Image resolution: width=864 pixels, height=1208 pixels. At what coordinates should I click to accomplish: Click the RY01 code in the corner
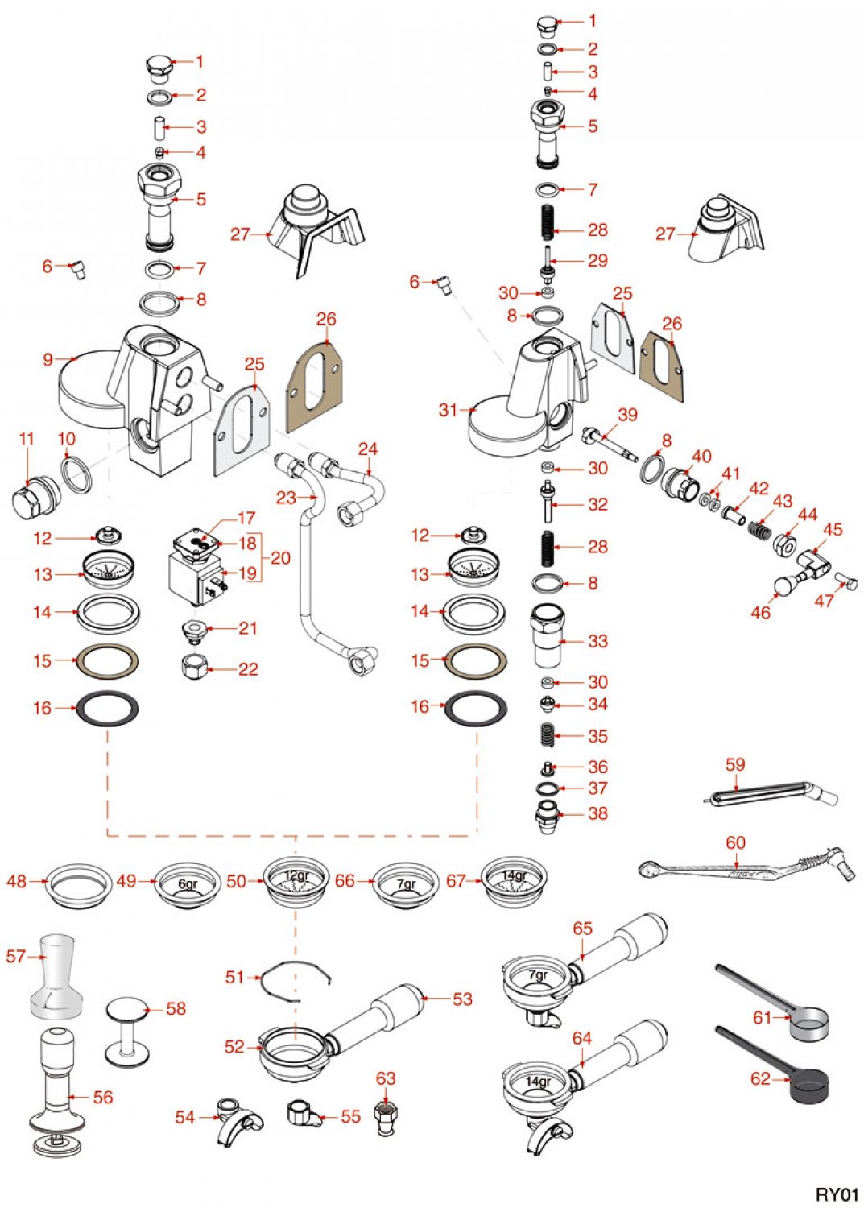pyautogui.click(x=837, y=1194)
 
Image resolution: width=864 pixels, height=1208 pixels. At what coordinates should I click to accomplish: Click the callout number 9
pyautogui.click(x=48, y=359)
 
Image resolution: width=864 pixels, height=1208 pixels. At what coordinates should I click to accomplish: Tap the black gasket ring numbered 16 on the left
pyautogui.click(x=107, y=709)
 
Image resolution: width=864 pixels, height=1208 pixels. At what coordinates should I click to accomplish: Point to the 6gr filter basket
pyautogui.click(x=187, y=884)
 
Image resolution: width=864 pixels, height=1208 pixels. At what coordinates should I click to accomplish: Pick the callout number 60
pyautogui.click(x=735, y=842)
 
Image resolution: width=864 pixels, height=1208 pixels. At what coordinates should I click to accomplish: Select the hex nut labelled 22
pyautogui.click(x=195, y=667)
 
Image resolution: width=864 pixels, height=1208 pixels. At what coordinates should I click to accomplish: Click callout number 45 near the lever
pyautogui.click(x=833, y=529)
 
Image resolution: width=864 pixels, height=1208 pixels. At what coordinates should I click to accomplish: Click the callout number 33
pyautogui.click(x=597, y=641)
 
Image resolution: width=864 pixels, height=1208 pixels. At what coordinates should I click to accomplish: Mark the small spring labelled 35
pyautogui.click(x=548, y=735)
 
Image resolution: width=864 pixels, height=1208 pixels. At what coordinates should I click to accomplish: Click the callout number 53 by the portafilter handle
pyautogui.click(x=462, y=999)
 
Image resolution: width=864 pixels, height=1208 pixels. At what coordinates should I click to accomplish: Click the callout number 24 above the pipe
pyautogui.click(x=367, y=449)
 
